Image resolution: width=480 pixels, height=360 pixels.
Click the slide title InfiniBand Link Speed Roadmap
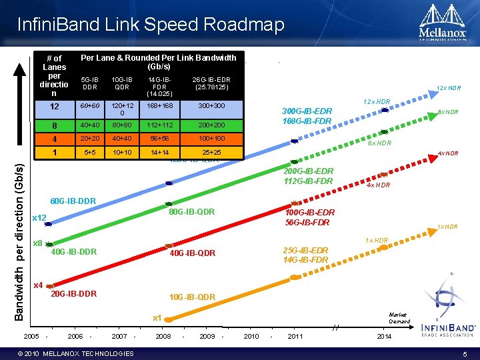click(x=151, y=25)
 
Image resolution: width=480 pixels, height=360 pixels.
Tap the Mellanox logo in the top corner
click(x=441, y=24)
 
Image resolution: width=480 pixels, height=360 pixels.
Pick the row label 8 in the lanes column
click(x=54, y=125)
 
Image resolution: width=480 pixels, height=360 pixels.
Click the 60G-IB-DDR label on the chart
click(x=73, y=201)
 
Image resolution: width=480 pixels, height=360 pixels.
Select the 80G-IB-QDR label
click(x=191, y=213)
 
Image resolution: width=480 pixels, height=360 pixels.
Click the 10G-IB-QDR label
click(x=192, y=297)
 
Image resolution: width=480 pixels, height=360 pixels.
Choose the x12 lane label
click(x=39, y=218)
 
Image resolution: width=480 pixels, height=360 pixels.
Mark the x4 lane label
click(x=38, y=285)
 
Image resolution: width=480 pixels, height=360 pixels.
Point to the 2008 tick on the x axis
click(x=163, y=337)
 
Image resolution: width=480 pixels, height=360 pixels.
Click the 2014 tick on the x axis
click(x=384, y=337)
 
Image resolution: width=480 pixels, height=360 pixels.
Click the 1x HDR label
click(x=376, y=240)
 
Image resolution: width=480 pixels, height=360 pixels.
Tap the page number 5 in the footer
click(x=465, y=353)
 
